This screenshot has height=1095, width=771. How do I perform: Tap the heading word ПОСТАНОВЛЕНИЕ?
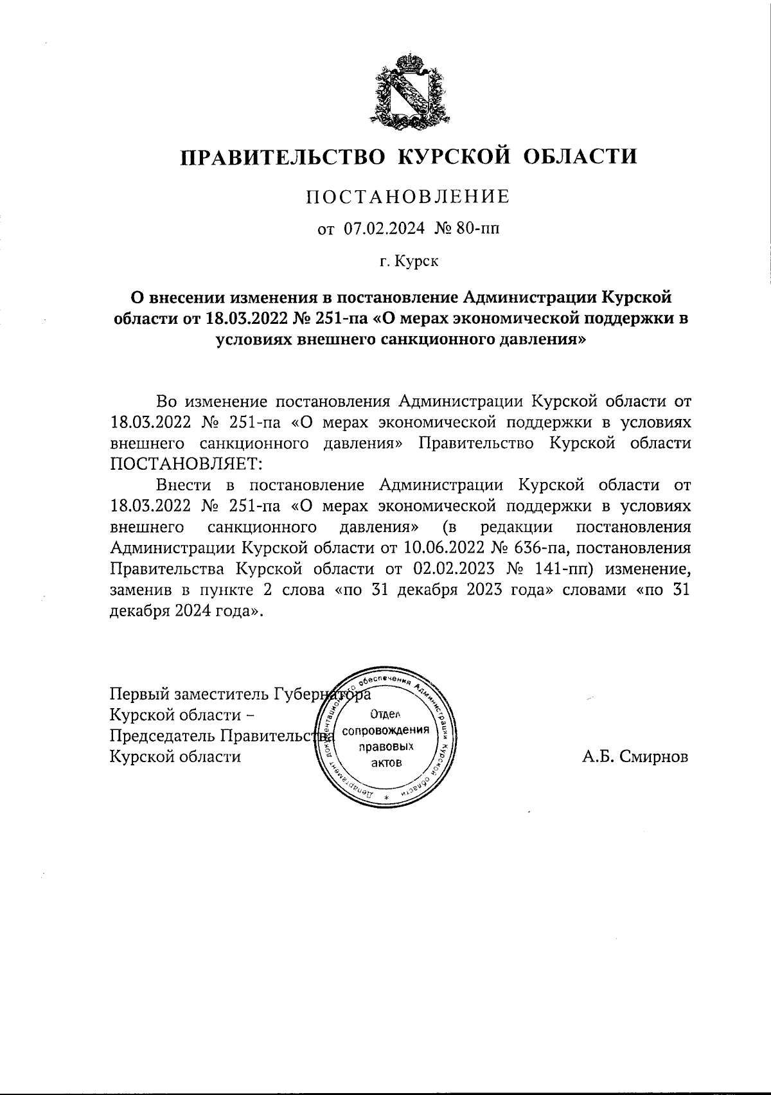(408, 197)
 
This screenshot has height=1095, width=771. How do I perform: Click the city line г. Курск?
(408, 261)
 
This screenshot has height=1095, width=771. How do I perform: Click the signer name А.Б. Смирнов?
(635, 757)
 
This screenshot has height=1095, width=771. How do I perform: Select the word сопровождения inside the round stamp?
(385, 731)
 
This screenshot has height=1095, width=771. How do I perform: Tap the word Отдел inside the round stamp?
(385, 715)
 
